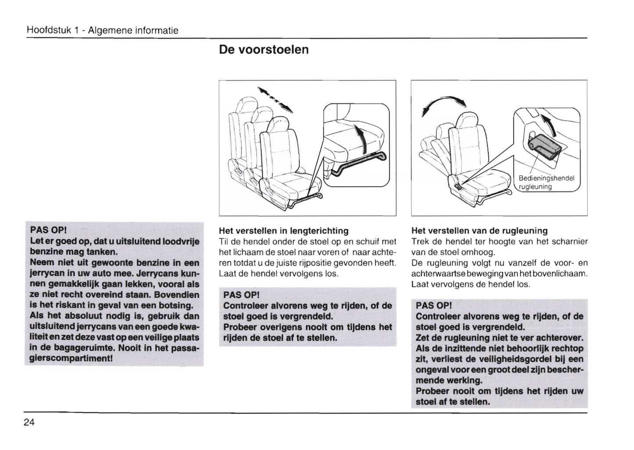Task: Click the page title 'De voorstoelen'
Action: coord(264,50)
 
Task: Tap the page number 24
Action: coord(29,422)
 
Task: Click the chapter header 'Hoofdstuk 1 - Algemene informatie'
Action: coord(102,31)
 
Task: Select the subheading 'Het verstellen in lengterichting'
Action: coord(283,231)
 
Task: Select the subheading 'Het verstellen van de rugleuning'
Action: coord(480,231)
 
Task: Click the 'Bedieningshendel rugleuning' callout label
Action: coord(546,182)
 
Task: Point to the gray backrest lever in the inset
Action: coord(547,146)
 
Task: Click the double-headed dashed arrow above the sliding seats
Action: coord(275,99)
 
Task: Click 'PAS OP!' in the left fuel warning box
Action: coord(48,230)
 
